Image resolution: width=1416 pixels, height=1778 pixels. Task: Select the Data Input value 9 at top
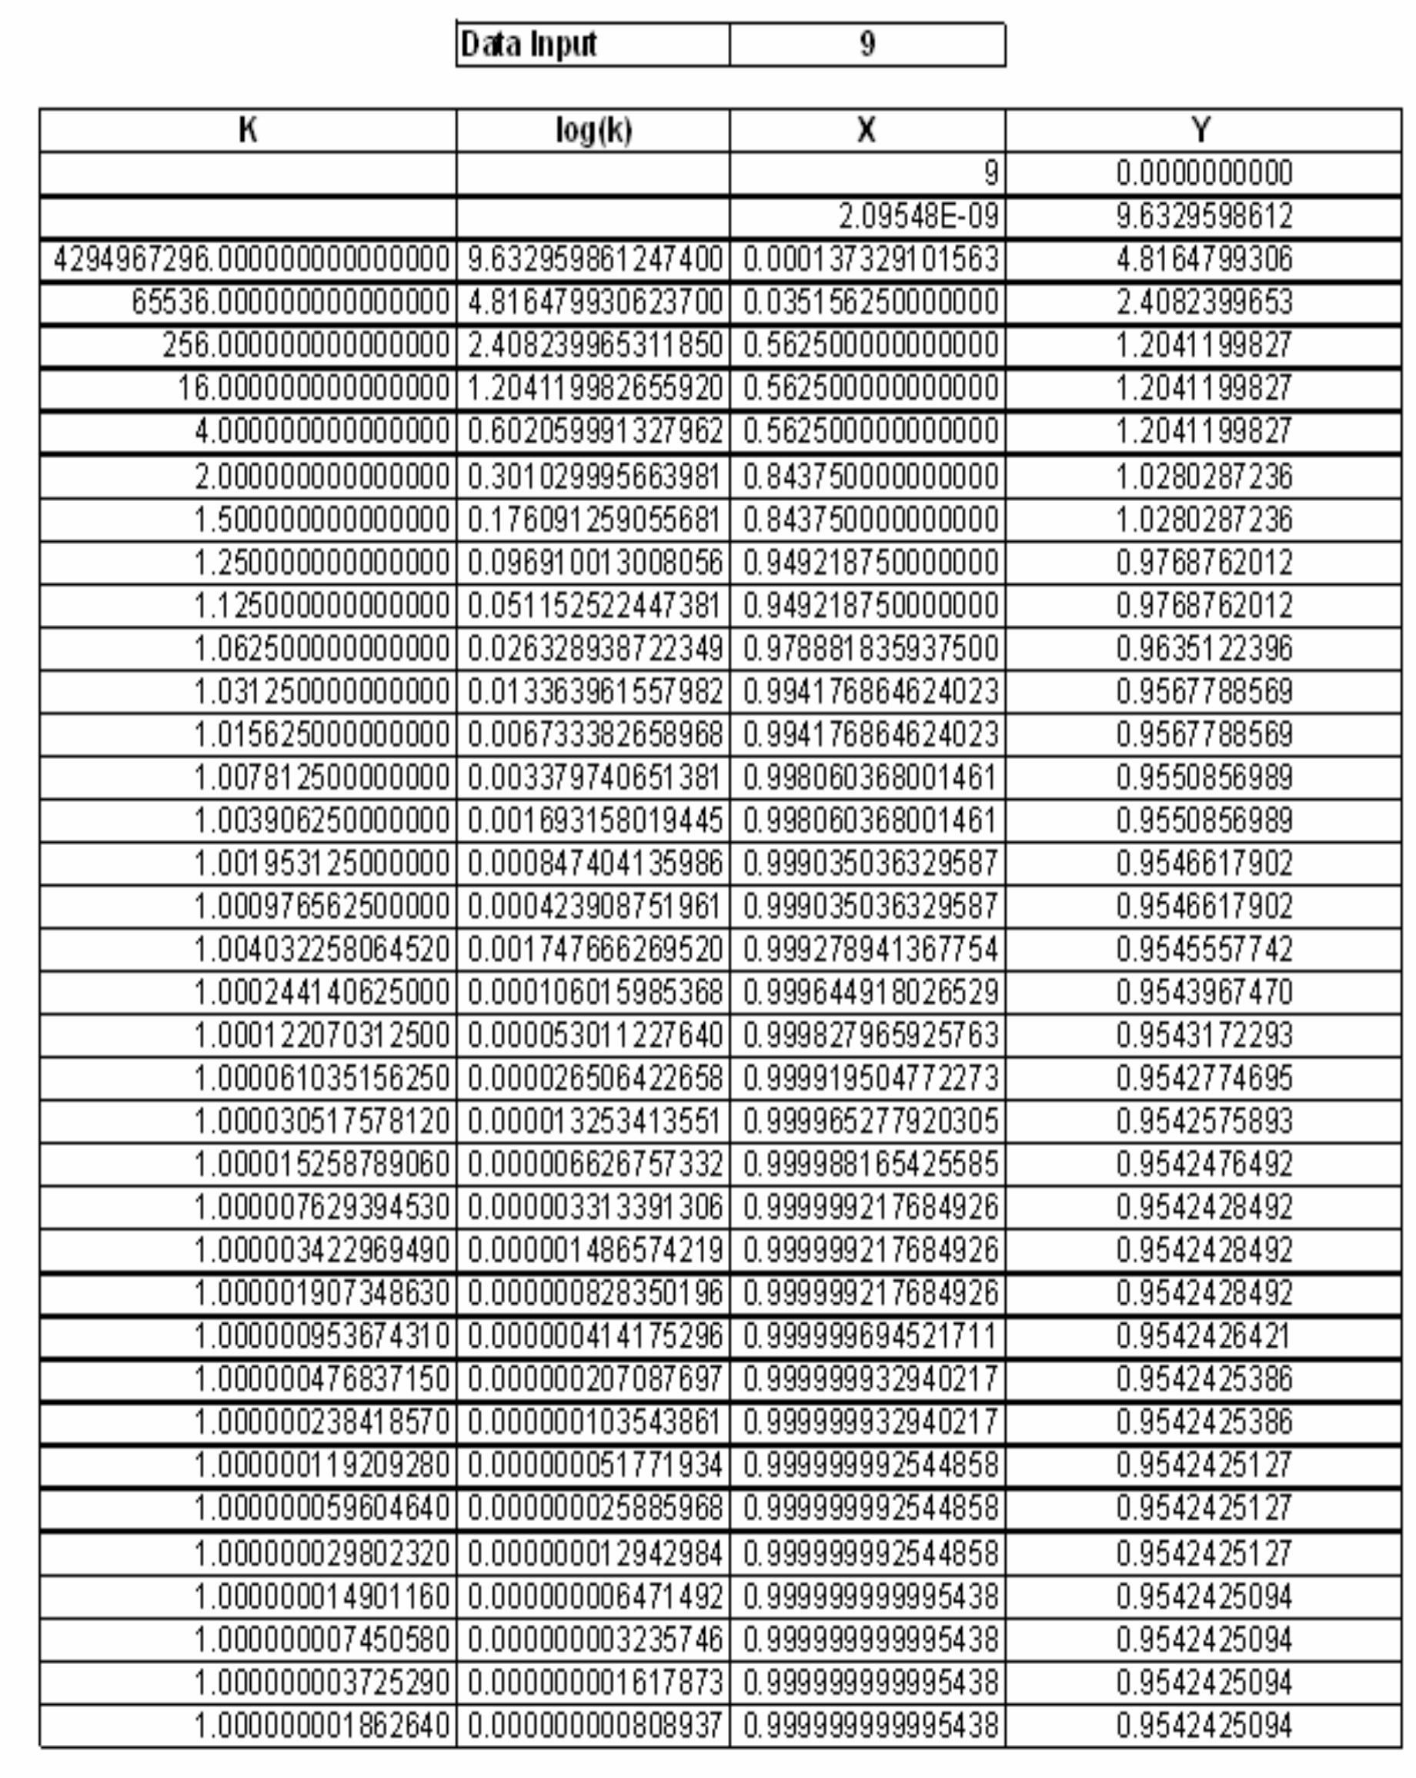pos(867,44)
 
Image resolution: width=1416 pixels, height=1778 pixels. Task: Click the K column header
pos(247,130)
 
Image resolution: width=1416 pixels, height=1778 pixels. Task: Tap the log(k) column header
pos(593,130)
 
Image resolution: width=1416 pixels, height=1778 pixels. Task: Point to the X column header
pos(866,130)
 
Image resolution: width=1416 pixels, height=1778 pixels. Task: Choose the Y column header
pos(1202,130)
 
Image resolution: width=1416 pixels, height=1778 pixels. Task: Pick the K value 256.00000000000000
pos(306,346)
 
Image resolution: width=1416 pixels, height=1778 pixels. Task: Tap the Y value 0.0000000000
pos(1204,173)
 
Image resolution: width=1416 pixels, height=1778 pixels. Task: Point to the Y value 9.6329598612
pos(1204,217)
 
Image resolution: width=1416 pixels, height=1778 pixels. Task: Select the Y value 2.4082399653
pos(1204,302)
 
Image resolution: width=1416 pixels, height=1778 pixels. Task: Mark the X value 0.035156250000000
pos(870,302)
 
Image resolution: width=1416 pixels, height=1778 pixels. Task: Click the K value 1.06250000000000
pos(322,649)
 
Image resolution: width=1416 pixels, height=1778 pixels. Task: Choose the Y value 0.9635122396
pos(1204,649)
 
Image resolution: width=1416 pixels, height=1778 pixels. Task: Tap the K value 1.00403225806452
pos(322,950)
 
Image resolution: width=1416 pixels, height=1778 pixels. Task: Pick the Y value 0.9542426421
pos(1204,1336)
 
